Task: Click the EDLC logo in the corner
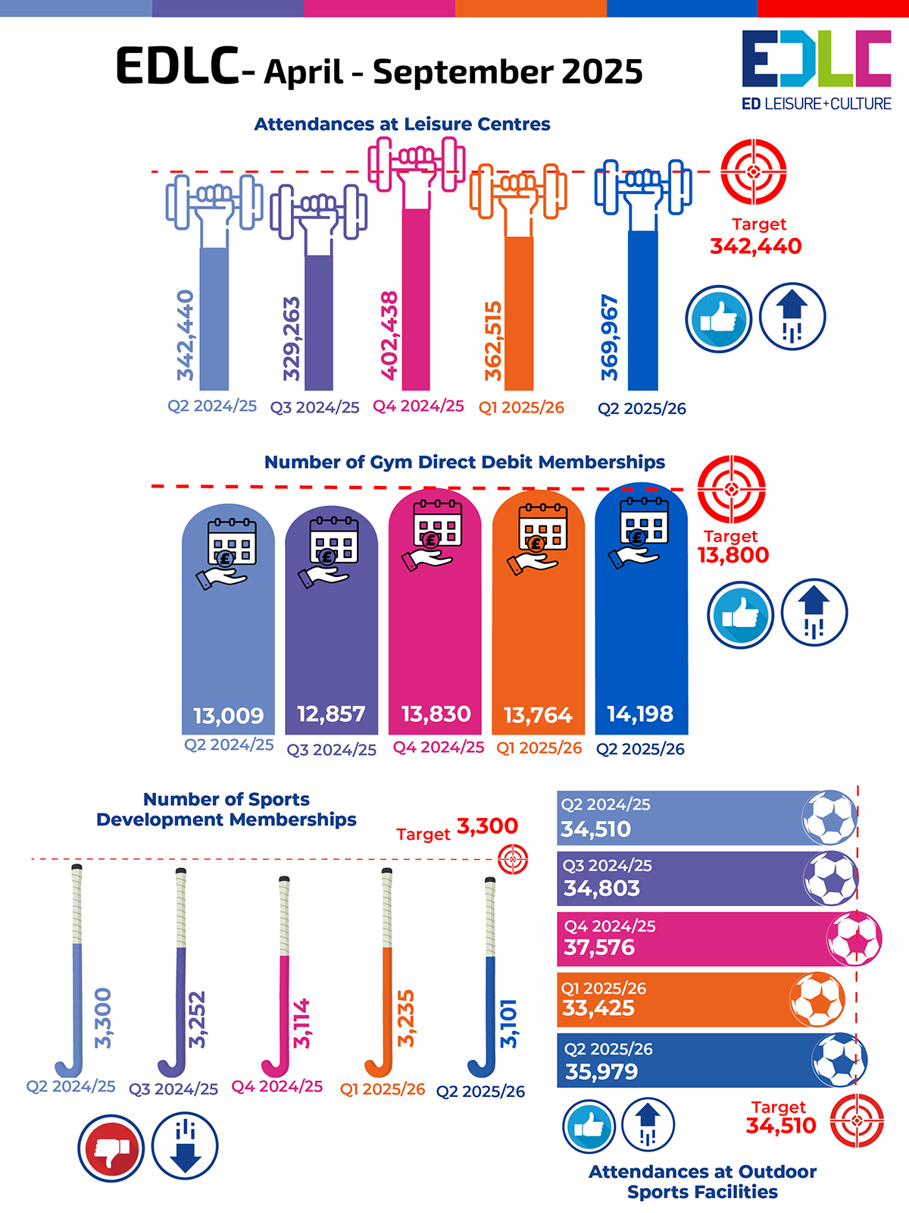(x=816, y=70)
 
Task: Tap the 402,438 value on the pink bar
(x=389, y=335)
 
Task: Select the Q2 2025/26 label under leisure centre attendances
(x=642, y=409)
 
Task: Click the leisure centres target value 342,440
(x=755, y=246)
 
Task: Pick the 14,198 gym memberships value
(x=640, y=713)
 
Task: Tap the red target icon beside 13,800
(x=731, y=489)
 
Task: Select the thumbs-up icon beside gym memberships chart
(x=740, y=614)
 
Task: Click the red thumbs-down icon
(x=111, y=1148)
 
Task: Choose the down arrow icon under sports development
(x=185, y=1146)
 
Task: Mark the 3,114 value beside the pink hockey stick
(x=302, y=1023)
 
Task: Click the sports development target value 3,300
(x=487, y=826)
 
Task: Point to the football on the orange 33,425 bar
(x=817, y=999)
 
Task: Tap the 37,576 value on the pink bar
(x=599, y=948)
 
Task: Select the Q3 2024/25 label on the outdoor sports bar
(x=607, y=866)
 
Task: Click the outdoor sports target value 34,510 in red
(x=781, y=1126)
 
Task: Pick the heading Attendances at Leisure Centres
(x=402, y=124)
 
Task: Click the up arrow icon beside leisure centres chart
(x=792, y=317)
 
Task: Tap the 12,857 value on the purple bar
(x=331, y=714)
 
